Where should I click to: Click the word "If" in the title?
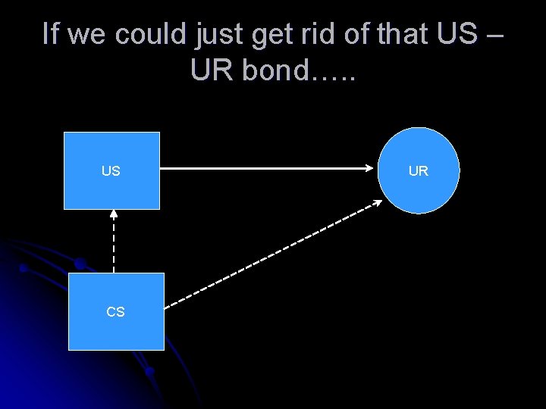click(x=49, y=34)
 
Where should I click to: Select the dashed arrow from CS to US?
click(x=114, y=242)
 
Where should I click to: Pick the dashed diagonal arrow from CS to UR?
click(x=273, y=254)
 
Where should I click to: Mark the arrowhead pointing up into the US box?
click(x=114, y=214)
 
